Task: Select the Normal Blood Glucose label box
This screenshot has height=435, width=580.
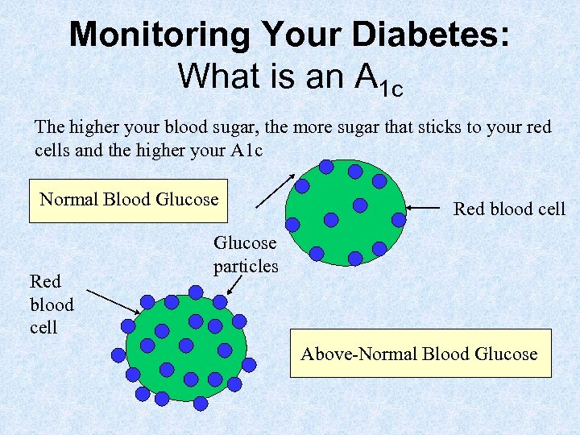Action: (129, 199)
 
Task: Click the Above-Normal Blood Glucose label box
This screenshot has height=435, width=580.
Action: (419, 354)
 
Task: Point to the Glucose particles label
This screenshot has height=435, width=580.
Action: (246, 254)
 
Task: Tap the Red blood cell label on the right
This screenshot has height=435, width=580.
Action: (509, 209)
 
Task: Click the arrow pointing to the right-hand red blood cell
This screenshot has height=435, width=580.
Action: (427, 208)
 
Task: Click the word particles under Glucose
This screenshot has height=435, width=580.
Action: (246, 265)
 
